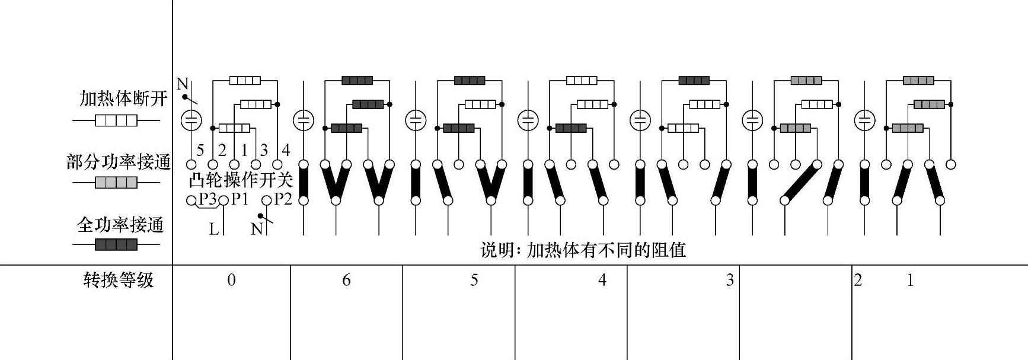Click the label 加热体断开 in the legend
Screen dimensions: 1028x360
123,98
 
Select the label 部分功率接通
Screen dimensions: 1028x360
119,162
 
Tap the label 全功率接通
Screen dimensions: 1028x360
120,225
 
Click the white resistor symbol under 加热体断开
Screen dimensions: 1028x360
116,121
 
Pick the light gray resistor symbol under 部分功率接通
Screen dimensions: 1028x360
116,183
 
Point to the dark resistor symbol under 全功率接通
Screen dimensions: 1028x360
116,244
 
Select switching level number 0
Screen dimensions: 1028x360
231,281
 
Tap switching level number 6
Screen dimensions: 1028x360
346,281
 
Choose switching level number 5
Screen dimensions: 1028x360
474,281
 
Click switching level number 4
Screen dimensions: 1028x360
602,281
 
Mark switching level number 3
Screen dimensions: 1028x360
730,281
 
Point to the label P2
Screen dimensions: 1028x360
283,199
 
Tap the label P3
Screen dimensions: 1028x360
207,199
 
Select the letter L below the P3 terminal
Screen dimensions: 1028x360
214,228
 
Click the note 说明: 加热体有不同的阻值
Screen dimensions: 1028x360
583,250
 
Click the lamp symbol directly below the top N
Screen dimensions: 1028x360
191,120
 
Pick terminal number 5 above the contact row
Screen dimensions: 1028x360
200,150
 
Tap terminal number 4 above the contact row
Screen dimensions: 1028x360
286,150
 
